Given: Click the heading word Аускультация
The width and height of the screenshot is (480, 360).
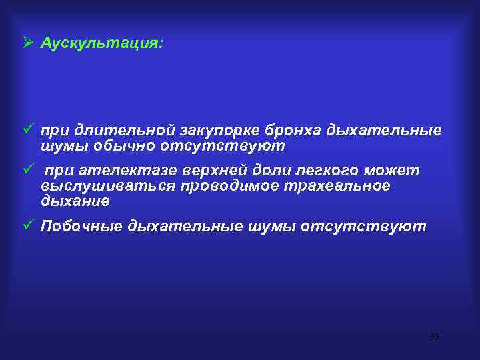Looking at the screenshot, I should coord(101,43).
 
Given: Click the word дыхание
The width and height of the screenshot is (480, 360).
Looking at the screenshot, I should coord(75,200).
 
